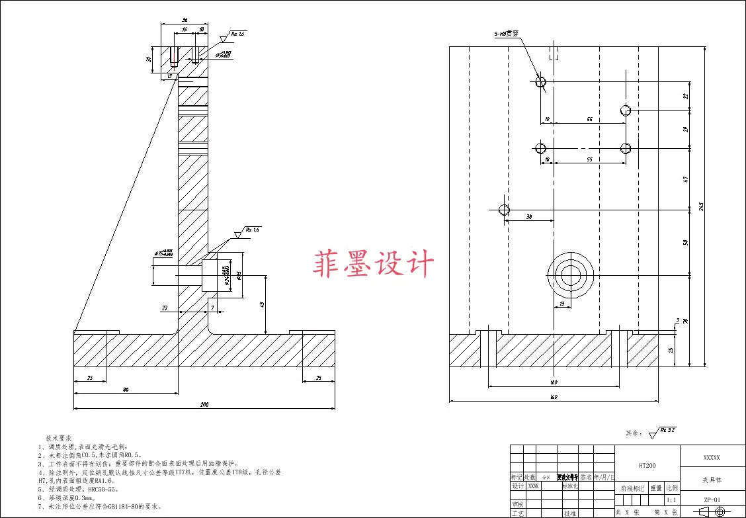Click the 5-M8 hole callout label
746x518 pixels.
pos(506,33)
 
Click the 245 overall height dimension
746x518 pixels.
pos(702,206)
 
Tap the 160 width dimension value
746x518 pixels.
pos(554,397)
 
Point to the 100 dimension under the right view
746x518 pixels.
pos(554,382)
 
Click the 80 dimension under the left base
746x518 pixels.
pos(126,390)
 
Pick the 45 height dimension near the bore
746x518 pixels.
pos(262,305)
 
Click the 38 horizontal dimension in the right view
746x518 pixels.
pos(529,216)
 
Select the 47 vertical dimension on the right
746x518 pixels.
pos(686,179)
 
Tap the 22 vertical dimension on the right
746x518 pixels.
pos(686,96)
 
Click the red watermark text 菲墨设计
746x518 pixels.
pos(373,264)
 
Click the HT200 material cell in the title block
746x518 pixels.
pos(647,466)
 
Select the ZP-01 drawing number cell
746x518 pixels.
pos(711,500)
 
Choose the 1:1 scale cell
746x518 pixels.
pos(671,500)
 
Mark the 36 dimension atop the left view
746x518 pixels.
pos(185,21)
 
